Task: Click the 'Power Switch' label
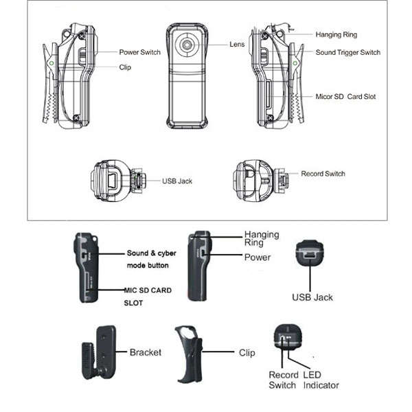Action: pyautogui.click(x=140, y=52)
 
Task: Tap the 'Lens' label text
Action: pyautogui.click(x=237, y=45)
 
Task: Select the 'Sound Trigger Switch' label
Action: pyautogui.click(x=348, y=53)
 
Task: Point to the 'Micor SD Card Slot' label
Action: pyautogui.click(x=345, y=97)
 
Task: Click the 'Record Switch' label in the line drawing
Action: pyautogui.click(x=323, y=174)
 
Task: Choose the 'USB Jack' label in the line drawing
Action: pyautogui.click(x=177, y=181)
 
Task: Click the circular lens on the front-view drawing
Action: pyautogui.click(x=187, y=45)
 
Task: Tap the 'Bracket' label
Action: pyautogui.click(x=146, y=352)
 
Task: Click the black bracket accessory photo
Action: pyautogui.click(x=99, y=353)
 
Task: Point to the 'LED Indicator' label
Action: pyautogui.click(x=321, y=380)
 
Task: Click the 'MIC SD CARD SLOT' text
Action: pyautogui.click(x=148, y=297)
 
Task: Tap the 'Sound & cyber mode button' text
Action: pyautogui.click(x=151, y=260)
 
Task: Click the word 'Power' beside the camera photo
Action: pyautogui.click(x=257, y=257)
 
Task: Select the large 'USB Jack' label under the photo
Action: pyautogui.click(x=312, y=297)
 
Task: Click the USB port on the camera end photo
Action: pyautogui.click(x=310, y=255)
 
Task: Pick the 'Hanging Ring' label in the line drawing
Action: pyautogui.click(x=336, y=35)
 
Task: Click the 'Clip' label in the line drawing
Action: pyautogui.click(x=125, y=67)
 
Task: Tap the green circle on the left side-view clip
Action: pyautogui.click(x=51, y=63)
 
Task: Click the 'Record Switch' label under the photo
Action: pyautogui.click(x=284, y=380)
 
